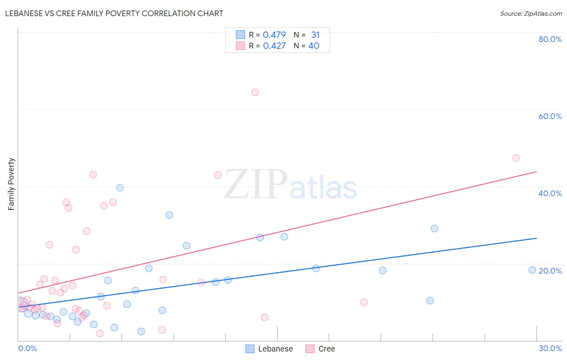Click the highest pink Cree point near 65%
coord(255,92)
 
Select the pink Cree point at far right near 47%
coord(516,158)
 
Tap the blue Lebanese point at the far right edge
coord(532,270)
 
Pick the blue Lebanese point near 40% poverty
coord(120,188)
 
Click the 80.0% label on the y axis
coord(550,39)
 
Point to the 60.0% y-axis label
coord(550,116)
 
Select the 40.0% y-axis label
coord(550,193)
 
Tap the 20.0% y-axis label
coord(550,271)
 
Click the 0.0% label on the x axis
coord(27,348)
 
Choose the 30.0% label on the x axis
coord(550,348)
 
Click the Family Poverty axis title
coord(11,184)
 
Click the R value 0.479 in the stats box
coord(274,35)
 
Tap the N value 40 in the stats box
coord(314,46)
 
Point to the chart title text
coord(114,13)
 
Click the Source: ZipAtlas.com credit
coord(531,14)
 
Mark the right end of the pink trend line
coord(536,172)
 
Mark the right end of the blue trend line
coord(536,238)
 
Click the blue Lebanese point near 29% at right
coord(434,228)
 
